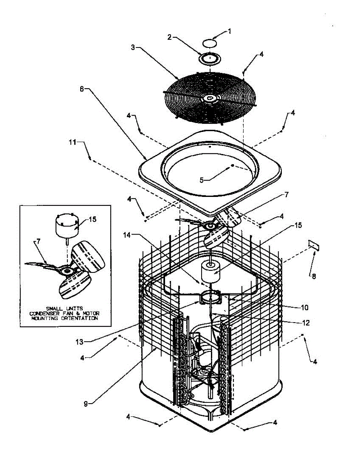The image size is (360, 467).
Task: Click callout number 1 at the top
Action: click(230, 31)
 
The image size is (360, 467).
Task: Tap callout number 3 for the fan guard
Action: click(133, 47)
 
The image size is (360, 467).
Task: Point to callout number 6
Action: click(82, 89)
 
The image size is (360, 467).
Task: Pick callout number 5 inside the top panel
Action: click(202, 180)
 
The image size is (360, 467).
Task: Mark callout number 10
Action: click(304, 307)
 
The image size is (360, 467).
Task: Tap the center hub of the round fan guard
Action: click(210, 98)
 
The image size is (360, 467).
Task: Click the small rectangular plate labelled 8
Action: click(314, 244)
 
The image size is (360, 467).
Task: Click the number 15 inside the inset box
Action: click(91, 219)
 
